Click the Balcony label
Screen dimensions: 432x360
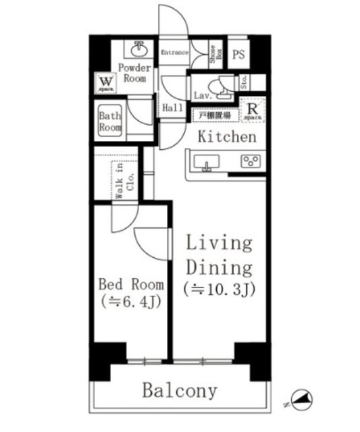click(x=179, y=391)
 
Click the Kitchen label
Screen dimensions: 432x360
click(x=227, y=137)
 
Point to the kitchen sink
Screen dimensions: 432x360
click(x=205, y=163)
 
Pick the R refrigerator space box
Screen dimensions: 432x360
click(x=252, y=110)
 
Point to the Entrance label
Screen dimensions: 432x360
click(x=174, y=52)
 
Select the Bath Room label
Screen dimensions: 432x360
click(x=110, y=119)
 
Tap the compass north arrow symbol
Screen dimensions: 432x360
click(x=300, y=400)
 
